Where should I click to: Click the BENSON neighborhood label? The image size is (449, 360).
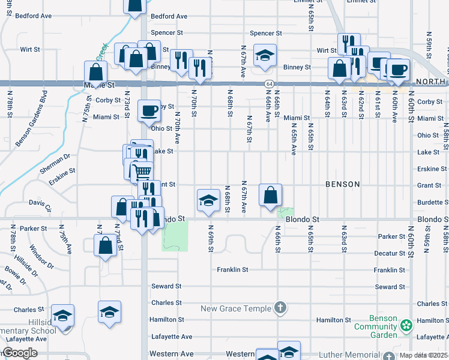point(343,184)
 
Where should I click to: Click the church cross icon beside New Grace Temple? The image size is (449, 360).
point(279,308)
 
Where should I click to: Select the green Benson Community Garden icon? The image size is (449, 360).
point(407,326)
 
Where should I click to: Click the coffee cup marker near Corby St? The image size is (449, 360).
point(149,110)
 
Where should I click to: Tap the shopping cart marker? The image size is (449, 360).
point(142,172)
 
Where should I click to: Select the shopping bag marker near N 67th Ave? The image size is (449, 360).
point(271,194)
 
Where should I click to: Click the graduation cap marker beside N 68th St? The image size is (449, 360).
point(208,199)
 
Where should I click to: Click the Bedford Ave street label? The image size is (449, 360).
point(169,16)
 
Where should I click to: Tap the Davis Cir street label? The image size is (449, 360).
point(40,205)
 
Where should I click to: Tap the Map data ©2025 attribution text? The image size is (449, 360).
point(424,356)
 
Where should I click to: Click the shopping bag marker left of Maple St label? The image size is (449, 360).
point(95,72)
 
